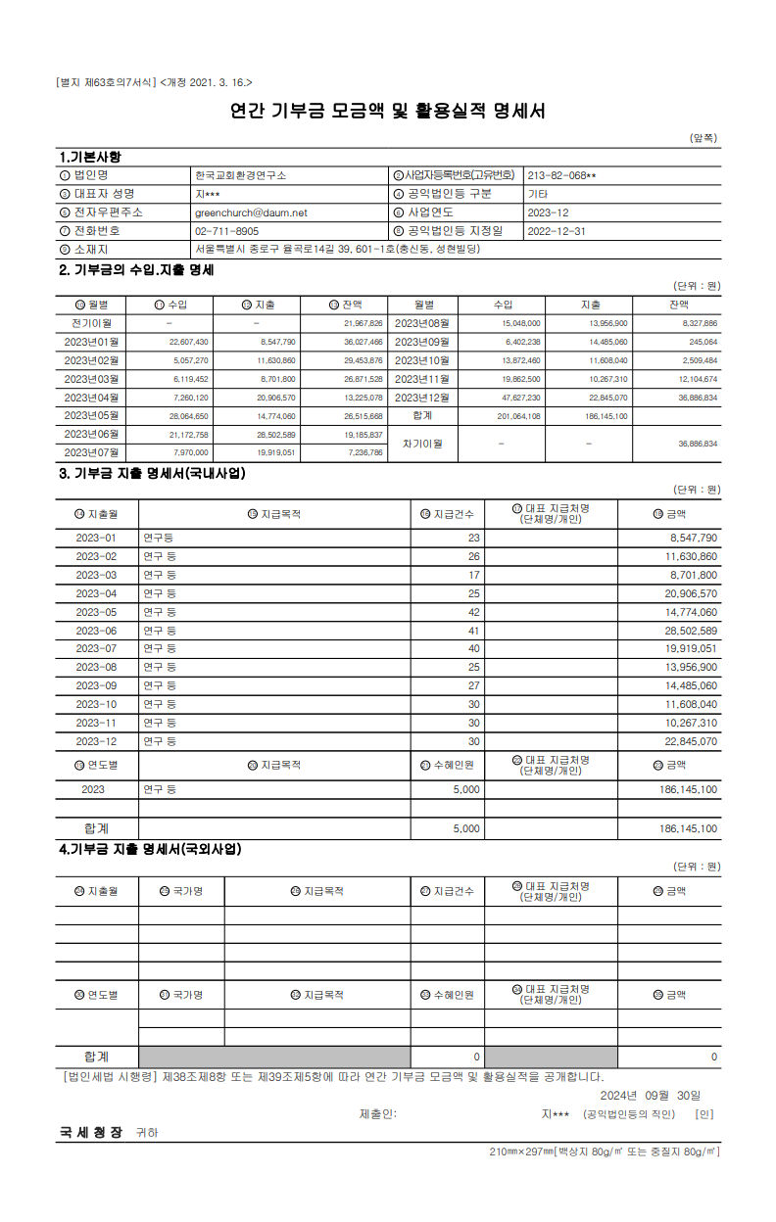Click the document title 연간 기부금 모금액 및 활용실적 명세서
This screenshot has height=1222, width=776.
[x=387, y=111]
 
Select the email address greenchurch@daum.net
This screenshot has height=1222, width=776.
[x=251, y=212]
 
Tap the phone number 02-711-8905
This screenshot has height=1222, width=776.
[x=227, y=231]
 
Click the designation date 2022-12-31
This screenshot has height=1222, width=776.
[x=556, y=231]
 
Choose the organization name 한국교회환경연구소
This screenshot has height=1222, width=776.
[x=241, y=175]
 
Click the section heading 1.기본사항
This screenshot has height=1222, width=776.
[x=90, y=157]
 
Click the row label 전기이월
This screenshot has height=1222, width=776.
[x=91, y=323]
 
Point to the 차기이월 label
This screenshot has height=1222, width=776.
[x=422, y=444]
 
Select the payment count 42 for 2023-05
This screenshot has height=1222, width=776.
[x=473, y=612]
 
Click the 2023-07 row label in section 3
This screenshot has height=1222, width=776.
[x=96, y=649]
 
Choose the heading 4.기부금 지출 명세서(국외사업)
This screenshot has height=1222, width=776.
[x=149, y=850]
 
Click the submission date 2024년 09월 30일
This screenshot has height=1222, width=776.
[x=650, y=1095]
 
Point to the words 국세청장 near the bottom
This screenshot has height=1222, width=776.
[x=91, y=1132]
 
